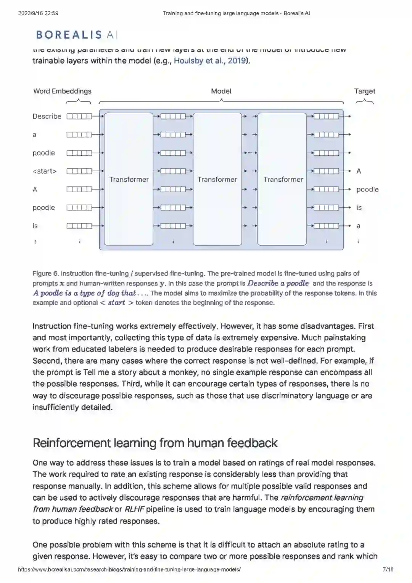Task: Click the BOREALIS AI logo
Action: point(77,35)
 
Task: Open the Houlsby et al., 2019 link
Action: point(211,61)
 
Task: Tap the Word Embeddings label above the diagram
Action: point(62,91)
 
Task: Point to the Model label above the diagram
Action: point(221,91)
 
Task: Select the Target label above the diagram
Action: point(364,91)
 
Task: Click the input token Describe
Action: point(47,116)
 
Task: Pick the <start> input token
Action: point(44,171)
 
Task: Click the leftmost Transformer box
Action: point(129,179)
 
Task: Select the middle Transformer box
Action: point(217,179)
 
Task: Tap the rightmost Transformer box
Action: point(283,179)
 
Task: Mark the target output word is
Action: point(359,208)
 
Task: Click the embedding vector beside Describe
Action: point(79,116)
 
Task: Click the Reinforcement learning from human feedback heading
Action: point(155,443)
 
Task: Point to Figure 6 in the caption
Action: point(45,274)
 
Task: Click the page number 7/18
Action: point(388,569)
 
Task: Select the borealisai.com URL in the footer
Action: point(129,569)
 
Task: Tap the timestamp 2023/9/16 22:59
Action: point(38,13)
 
